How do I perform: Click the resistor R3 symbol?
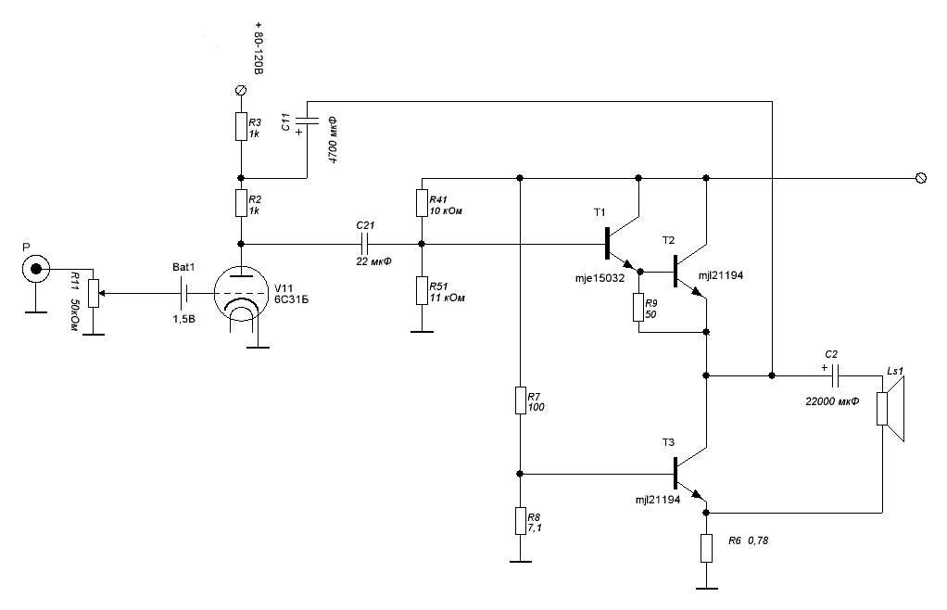point(241,126)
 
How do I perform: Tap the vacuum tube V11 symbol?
point(241,298)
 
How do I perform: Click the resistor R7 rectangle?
point(521,401)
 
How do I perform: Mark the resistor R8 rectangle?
point(521,521)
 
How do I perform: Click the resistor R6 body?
point(706,548)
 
